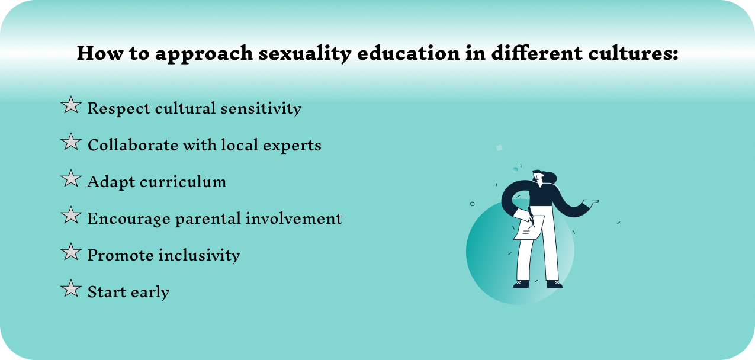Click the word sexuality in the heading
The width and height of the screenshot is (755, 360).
305,54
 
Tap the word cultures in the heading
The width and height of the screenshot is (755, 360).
634,53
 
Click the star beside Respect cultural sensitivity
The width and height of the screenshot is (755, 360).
71,105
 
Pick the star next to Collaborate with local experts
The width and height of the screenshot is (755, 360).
71,142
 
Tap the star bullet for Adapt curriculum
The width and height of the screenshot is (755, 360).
71,179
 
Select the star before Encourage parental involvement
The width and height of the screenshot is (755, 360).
71,216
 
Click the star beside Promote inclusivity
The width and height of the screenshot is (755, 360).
71,252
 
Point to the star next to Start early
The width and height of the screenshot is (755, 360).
71,289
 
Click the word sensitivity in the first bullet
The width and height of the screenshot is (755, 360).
261,108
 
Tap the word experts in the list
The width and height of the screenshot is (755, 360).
292,146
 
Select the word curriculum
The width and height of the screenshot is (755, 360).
183,182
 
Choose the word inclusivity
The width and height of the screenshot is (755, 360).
199,255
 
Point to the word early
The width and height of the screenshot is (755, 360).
150,292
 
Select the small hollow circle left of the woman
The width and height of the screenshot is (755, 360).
472,204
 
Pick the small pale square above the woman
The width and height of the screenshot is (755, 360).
500,147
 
